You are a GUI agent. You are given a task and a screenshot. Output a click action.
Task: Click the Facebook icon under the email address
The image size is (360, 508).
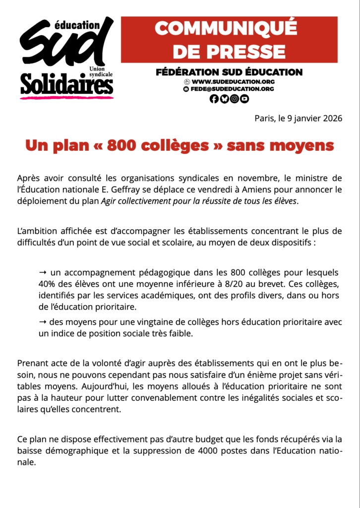coord(214,99)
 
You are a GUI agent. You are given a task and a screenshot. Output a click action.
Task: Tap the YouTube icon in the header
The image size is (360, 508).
coord(244,99)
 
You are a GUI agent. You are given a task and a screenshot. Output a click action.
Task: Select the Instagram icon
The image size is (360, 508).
coord(235,99)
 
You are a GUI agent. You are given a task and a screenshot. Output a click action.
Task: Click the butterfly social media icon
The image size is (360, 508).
coord(224,99)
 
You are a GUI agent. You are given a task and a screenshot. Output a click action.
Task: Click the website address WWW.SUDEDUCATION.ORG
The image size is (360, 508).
coord(233,81)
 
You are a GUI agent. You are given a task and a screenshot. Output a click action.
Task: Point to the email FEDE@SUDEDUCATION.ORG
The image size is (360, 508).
coord(232,89)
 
